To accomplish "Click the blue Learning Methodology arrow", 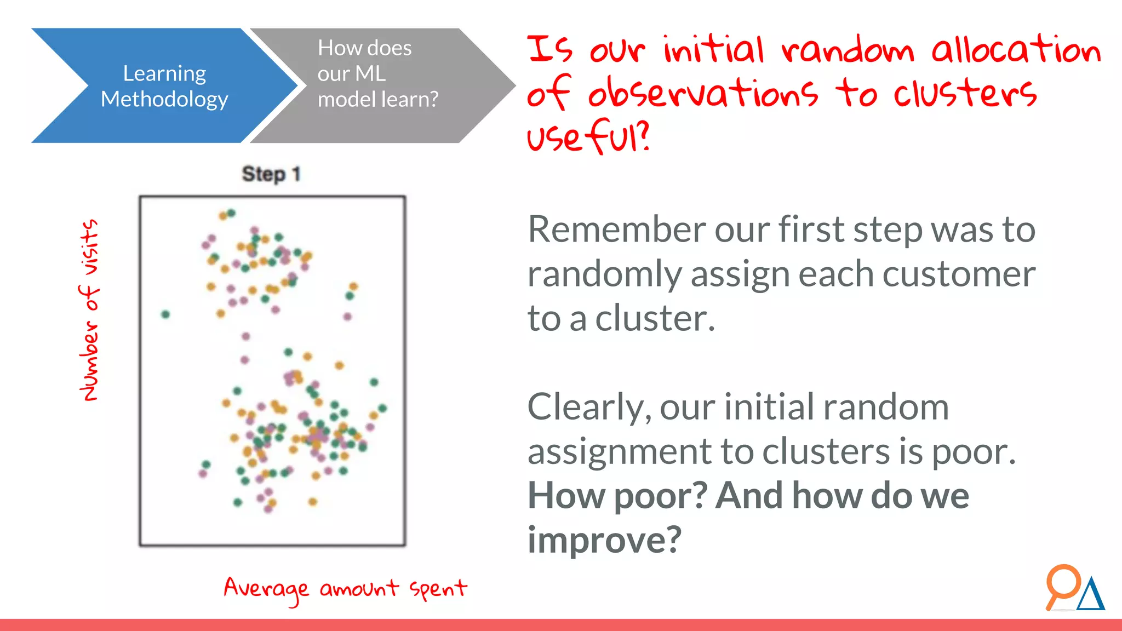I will tap(164, 85).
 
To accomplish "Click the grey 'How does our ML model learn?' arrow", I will tap(378, 85).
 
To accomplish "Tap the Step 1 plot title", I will tap(271, 174).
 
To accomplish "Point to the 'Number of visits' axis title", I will tap(89, 310).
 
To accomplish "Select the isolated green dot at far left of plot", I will tap(165, 314).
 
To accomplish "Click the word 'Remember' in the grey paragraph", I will tap(617, 230).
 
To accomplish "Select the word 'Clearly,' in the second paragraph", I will tap(589, 408).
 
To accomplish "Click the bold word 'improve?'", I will tap(604, 540).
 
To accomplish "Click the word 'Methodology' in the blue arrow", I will tap(164, 99).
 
